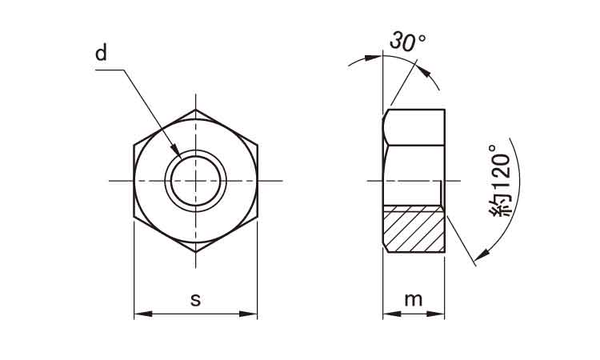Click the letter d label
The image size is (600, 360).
tap(101, 53)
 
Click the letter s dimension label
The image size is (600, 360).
tap(195, 299)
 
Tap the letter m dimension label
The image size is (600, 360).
tap(414, 299)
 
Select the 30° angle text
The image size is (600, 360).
tap(407, 42)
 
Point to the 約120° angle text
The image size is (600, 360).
tap(500, 181)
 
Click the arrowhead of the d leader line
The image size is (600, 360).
tap(176, 150)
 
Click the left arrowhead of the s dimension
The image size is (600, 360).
tap(143, 314)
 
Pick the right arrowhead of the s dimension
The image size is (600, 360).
tap(248, 314)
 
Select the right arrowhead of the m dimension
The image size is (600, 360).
tap(436, 314)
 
